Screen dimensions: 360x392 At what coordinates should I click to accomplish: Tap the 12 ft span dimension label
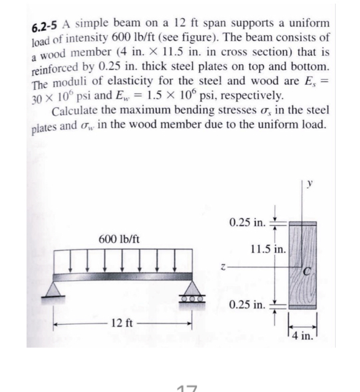(123, 322)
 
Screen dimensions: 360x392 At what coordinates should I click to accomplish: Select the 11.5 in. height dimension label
(267, 248)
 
